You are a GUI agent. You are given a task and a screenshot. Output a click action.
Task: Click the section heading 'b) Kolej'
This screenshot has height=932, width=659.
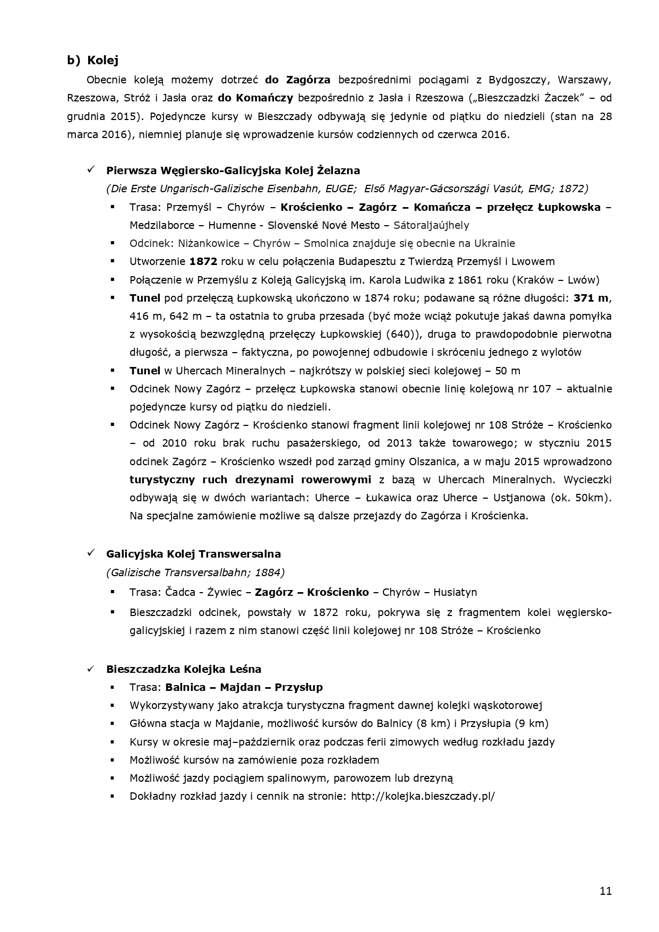tap(93, 60)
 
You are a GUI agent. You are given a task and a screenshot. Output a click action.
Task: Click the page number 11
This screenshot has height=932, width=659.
tap(605, 891)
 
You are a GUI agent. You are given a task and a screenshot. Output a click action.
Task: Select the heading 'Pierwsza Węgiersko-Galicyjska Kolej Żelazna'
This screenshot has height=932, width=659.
tap(233, 170)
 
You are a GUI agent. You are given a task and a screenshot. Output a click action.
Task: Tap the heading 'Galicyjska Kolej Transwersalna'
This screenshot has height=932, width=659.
tap(193, 554)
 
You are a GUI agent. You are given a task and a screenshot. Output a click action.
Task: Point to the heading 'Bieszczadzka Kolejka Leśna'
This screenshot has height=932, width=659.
tap(184, 669)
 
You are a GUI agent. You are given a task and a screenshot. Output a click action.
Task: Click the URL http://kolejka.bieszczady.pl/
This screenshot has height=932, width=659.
tap(423, 796)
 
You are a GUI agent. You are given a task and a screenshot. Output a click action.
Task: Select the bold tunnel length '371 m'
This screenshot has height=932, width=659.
tap(590, 298)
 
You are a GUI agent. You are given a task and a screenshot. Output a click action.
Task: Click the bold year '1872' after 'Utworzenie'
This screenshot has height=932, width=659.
tap(203, 261)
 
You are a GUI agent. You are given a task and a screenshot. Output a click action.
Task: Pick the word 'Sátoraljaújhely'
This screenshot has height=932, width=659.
tap(431, 225)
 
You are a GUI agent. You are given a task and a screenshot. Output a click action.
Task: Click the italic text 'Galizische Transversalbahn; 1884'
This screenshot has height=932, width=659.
tap(195, 572)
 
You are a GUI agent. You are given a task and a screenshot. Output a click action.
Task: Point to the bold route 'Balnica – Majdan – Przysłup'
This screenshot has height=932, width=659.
tap(244, 687)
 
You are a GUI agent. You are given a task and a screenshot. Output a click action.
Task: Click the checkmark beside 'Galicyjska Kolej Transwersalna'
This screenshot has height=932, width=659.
tap(91, 553)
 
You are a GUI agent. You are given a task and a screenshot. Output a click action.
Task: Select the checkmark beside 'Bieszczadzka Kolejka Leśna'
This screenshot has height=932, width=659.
tap(91, 669)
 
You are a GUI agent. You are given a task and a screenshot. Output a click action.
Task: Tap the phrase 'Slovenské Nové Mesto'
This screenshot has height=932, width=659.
tap(323, 225)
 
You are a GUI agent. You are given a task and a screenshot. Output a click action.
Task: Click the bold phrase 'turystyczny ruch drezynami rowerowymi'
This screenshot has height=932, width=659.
tap(250, 480)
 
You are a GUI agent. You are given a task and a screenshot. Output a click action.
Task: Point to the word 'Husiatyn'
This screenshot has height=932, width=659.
tap(455, 592)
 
